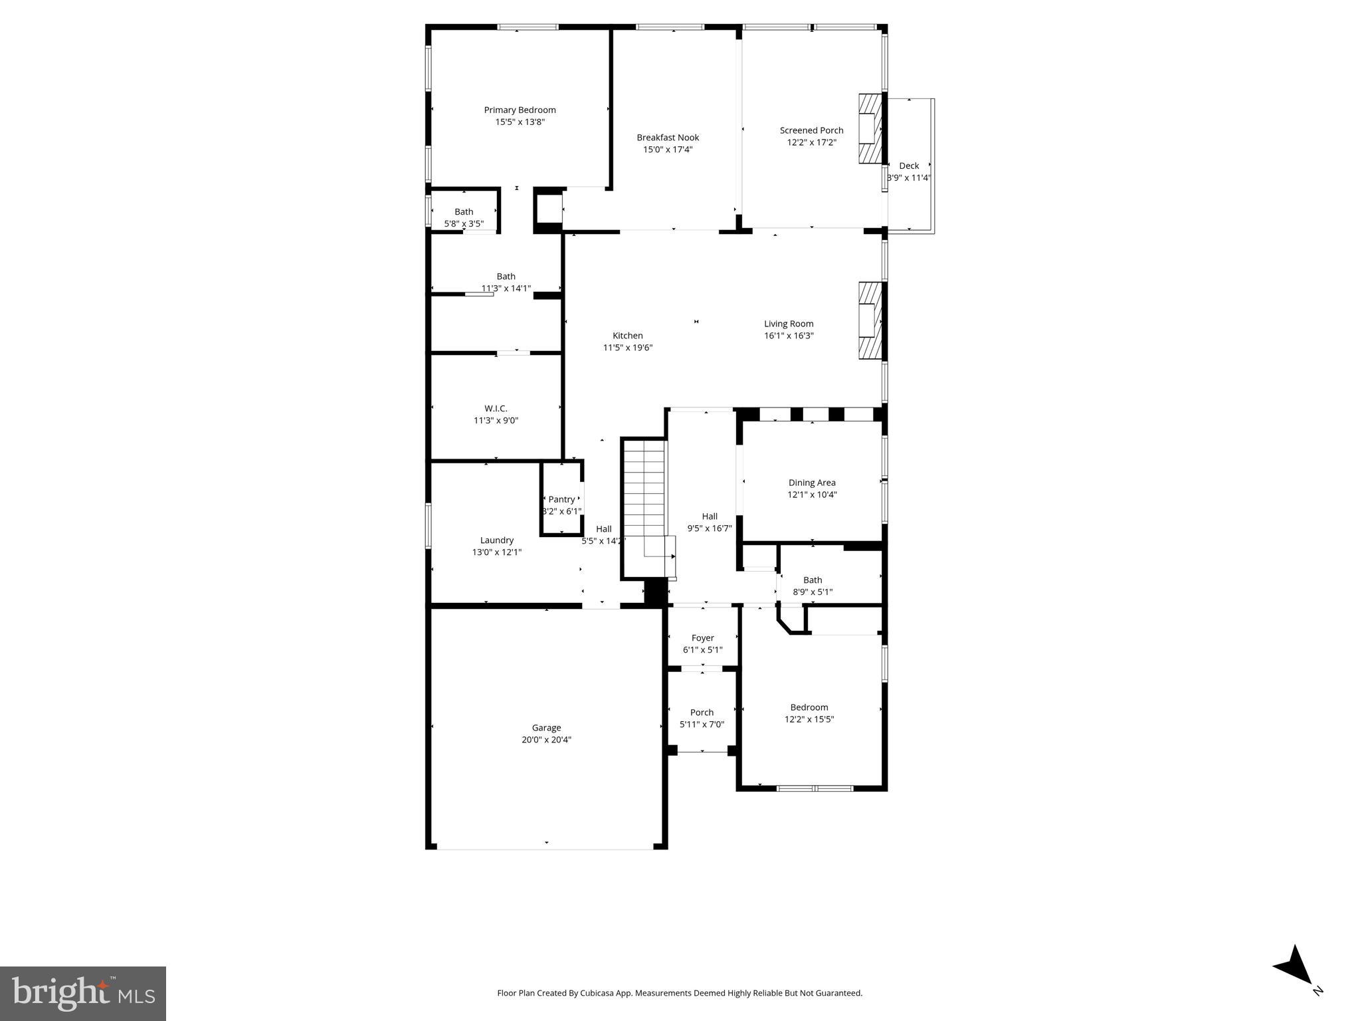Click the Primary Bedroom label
tap(520, 110)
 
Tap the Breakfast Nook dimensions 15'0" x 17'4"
tap(668, 150)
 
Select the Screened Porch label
tap(811, 130)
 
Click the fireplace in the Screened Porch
tap(869, 128)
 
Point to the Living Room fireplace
tap(869, 321)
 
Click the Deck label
tap(908, 166)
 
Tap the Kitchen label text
tap(627, 336)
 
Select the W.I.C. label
tap(496, 409)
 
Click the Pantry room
tap(561, 499)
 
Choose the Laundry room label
tap(497, 540)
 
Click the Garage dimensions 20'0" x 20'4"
tap(546, 740)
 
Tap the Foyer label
tap(702, 638)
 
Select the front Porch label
tap(702, 713)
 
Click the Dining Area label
tap(812, 483)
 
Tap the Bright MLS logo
tap(83, 994)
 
